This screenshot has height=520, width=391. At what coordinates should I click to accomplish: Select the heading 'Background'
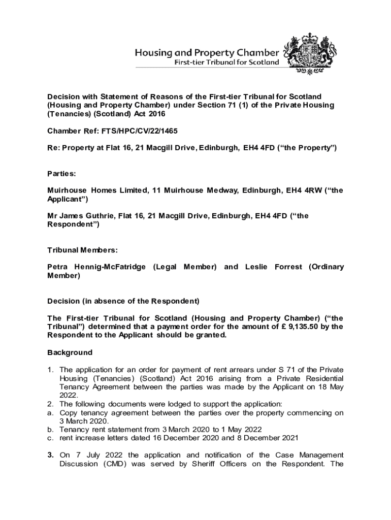(70, 352)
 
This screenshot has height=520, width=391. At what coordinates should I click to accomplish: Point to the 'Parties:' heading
(61, 174)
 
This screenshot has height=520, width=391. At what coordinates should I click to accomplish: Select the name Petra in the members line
(57, 267)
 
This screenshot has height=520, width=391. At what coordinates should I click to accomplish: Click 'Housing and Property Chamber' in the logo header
(206, 52)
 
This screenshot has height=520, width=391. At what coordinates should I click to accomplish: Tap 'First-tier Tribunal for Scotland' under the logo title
(227, 62)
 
